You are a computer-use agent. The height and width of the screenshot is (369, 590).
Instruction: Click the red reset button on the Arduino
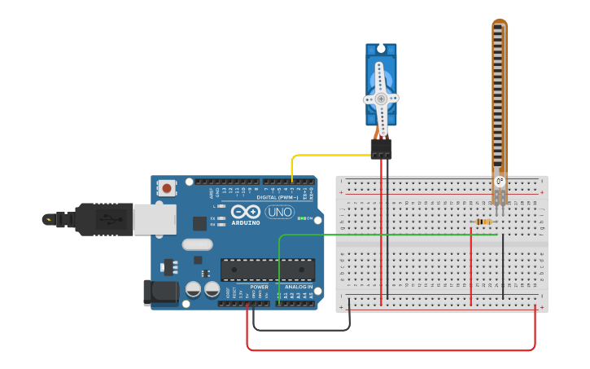coord(167,188)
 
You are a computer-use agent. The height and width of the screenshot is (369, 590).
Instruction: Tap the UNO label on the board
coord(280,212)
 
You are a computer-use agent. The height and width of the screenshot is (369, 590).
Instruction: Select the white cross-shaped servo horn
coord(380,99)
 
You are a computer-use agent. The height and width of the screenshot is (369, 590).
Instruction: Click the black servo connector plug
coord(381,148)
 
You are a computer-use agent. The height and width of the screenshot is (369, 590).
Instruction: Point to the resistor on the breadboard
coord(483,222)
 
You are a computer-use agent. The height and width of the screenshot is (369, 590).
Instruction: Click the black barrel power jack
coord(160,293)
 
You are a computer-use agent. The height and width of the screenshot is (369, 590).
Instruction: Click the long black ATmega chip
coord(268,270)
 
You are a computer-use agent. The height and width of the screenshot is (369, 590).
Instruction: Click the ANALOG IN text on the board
coord(298,287)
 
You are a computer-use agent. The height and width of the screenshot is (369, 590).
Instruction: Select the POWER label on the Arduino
coord(259,287)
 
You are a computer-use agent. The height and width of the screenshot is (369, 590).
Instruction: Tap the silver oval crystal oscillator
coord(197,244)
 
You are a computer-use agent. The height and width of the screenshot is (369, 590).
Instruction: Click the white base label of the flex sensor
coord(499,182)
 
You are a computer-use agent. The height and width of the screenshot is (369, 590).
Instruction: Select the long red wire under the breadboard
coord(391,350)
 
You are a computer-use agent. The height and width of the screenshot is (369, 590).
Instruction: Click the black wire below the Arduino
coord(301,330)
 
